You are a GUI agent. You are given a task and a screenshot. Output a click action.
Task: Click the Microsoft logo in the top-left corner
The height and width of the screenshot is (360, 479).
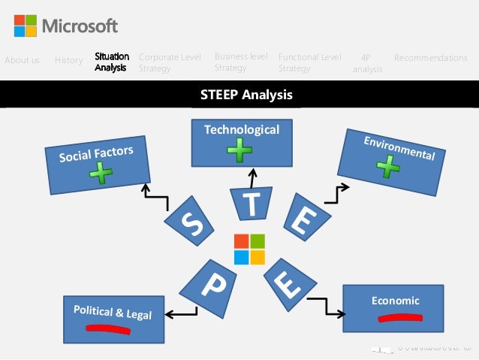[25, 26]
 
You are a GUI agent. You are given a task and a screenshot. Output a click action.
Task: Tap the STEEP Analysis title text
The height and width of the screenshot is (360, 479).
[246, 95]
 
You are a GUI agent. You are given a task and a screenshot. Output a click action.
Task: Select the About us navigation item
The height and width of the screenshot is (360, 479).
[22, 60]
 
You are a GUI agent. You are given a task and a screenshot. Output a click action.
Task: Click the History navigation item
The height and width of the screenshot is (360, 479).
[68, 60]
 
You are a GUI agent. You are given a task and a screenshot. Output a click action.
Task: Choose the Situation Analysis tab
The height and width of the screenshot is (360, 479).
[111, 62]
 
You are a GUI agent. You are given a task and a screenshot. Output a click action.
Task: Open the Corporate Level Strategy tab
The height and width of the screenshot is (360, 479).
[170, 62]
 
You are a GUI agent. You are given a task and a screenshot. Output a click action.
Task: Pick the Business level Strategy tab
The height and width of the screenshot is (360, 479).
[241, 62]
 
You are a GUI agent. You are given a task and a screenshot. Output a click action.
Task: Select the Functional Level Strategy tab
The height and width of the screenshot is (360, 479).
[309, 62]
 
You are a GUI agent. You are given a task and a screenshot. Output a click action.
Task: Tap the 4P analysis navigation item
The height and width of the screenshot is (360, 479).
[366, 63]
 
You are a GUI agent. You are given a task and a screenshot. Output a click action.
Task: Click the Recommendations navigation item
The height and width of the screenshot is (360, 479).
[430, 58]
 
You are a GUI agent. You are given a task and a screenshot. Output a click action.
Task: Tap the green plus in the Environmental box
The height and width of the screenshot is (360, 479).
[388, 167]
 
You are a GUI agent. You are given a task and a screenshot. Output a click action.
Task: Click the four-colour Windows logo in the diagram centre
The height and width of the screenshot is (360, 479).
[249, 249]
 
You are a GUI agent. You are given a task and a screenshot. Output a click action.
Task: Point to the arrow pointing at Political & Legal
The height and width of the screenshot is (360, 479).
[180, 313]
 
